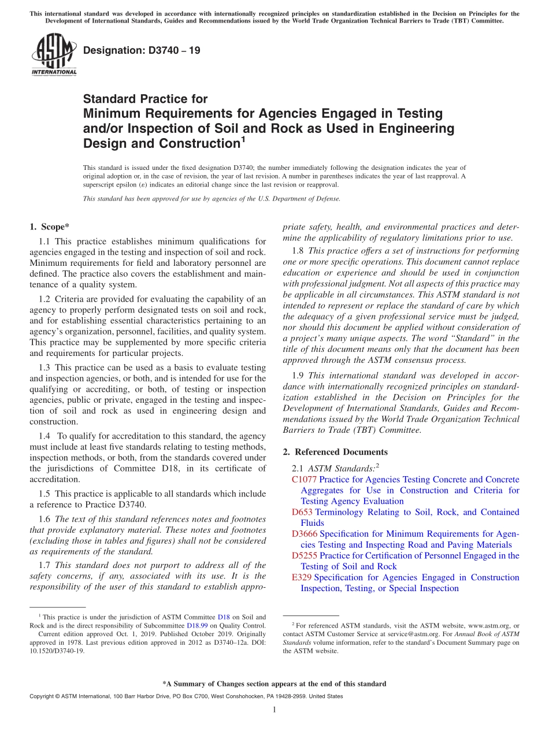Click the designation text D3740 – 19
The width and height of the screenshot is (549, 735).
(x=142, y=50)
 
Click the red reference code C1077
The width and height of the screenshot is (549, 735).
(x=305, y=480)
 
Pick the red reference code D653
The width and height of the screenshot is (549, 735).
(x=302, y=512)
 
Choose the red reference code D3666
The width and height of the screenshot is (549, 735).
(x=305, y=534)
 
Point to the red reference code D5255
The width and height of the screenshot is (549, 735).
(x=305, y=556)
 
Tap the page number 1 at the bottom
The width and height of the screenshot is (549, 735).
(x=274, y=710)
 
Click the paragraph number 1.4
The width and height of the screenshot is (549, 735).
(x=44, y=436)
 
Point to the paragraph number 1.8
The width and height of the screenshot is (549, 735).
(x=297, y=251)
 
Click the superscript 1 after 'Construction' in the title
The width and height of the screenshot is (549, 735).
(x=243, y=139)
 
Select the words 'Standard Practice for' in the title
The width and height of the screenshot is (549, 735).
(x=146, y=99)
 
